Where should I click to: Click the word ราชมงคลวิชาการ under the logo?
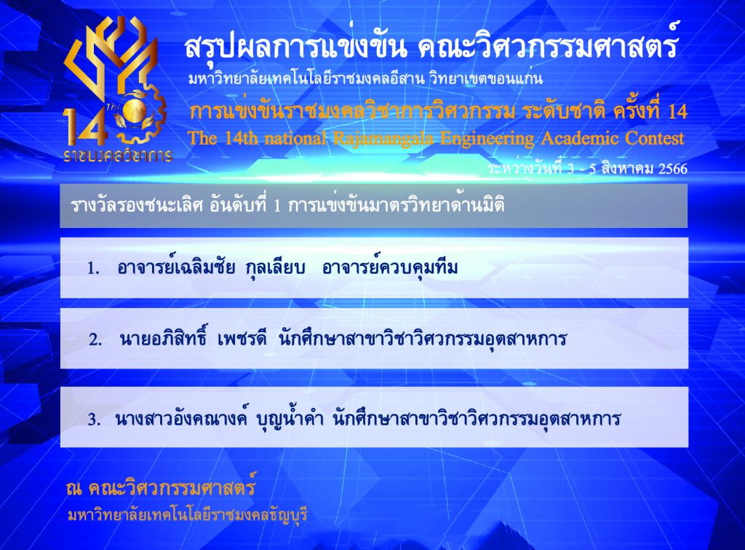pos(118,156)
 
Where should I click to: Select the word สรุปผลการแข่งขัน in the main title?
pos(295,47)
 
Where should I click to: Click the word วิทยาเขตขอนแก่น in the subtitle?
pos(485,79)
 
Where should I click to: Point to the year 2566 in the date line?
pos(672,169)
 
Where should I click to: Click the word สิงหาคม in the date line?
pos(627,168)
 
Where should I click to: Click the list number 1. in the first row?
pos(93,268)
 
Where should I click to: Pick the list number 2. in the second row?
pos(95,339)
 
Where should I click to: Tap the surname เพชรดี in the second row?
pos(242,339)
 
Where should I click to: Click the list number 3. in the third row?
pos(94,420)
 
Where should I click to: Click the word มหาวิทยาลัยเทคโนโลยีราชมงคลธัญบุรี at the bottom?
pos(188,515)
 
